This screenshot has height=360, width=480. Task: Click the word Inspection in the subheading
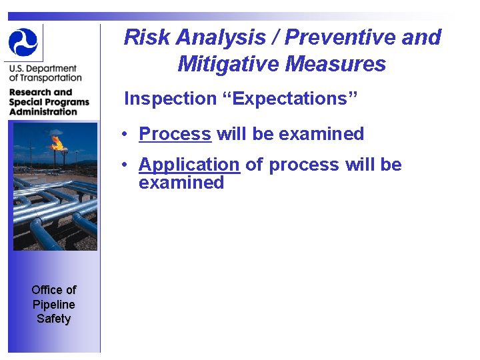coord(170,99)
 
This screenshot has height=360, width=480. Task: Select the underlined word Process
coord(175,134)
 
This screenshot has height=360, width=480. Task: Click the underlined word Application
coord(189,165)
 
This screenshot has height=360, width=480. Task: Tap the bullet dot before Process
coord(125,135)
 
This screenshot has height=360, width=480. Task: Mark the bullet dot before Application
coord(125,165)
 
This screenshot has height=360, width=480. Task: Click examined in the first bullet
coord(321,134)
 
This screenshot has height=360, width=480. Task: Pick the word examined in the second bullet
coord(181,183)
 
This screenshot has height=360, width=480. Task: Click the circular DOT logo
coord(23,42)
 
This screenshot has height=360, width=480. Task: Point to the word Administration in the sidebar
coord(43,111)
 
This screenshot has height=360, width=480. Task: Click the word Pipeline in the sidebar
coord(54,304)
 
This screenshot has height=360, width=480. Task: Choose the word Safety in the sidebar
coord(54,319)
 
